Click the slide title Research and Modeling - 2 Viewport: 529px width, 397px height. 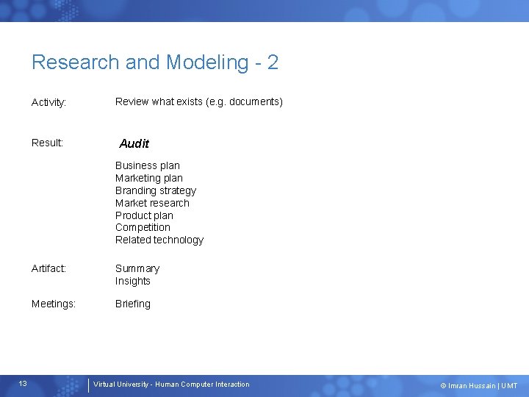155,62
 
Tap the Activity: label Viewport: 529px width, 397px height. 49,102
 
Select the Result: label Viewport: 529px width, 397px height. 47,143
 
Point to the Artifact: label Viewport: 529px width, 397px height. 48,269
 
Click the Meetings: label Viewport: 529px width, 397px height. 54,304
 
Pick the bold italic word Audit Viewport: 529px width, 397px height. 134,143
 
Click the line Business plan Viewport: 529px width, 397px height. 147,165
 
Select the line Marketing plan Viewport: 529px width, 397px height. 148,178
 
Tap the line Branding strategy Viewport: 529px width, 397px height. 156,190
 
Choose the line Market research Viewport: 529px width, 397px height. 152,203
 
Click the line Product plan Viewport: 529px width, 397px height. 144,215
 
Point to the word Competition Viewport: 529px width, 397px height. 143,227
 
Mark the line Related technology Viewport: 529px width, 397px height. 159,240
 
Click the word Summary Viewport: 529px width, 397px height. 137,269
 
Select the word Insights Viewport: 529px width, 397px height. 132,281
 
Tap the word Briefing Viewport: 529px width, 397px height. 132,304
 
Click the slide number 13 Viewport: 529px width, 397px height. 24,384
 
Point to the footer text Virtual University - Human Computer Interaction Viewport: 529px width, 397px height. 171,385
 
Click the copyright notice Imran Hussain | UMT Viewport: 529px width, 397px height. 478,385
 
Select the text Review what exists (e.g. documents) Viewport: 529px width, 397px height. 198,101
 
